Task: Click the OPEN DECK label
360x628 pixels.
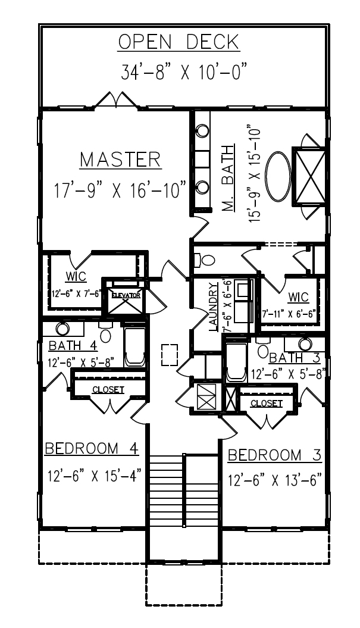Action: (x=179, y=42)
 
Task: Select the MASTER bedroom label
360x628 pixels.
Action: (x=120, y=160)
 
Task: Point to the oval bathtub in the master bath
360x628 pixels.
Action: (x=278, y=177)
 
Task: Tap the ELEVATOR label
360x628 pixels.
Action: (x=124, y=295)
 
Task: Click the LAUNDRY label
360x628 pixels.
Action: (x=212, y=307)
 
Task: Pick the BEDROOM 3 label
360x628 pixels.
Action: (x=275, y=455)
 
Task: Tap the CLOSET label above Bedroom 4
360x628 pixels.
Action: (x=108, y=390)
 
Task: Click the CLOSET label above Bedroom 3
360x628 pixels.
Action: (x=266, y=404)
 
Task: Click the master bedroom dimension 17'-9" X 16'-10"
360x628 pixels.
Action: (x=119, y=191)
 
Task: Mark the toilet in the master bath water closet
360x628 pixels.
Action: (x=205, y=260)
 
